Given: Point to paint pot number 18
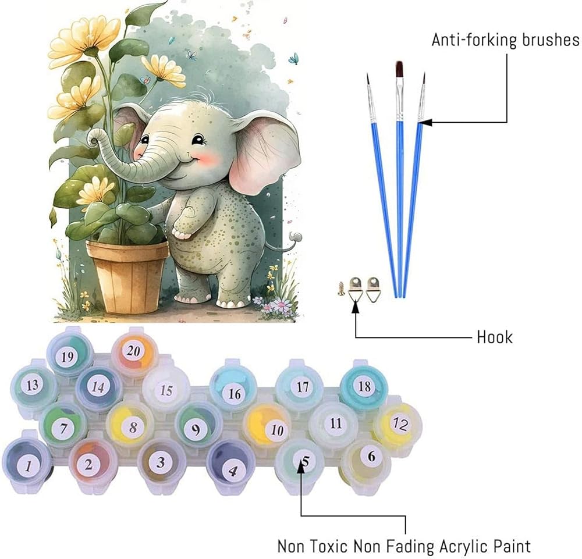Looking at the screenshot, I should click(x=364, y=386).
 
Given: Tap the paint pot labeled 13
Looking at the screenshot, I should click(x=33, y=384).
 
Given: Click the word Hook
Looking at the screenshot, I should click(x=494, y=337).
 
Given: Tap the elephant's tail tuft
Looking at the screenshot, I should click(x=298, y=236).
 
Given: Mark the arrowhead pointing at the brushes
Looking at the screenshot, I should click(x=422, y=122).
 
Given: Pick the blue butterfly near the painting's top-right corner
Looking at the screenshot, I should click(x=294, y=59).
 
